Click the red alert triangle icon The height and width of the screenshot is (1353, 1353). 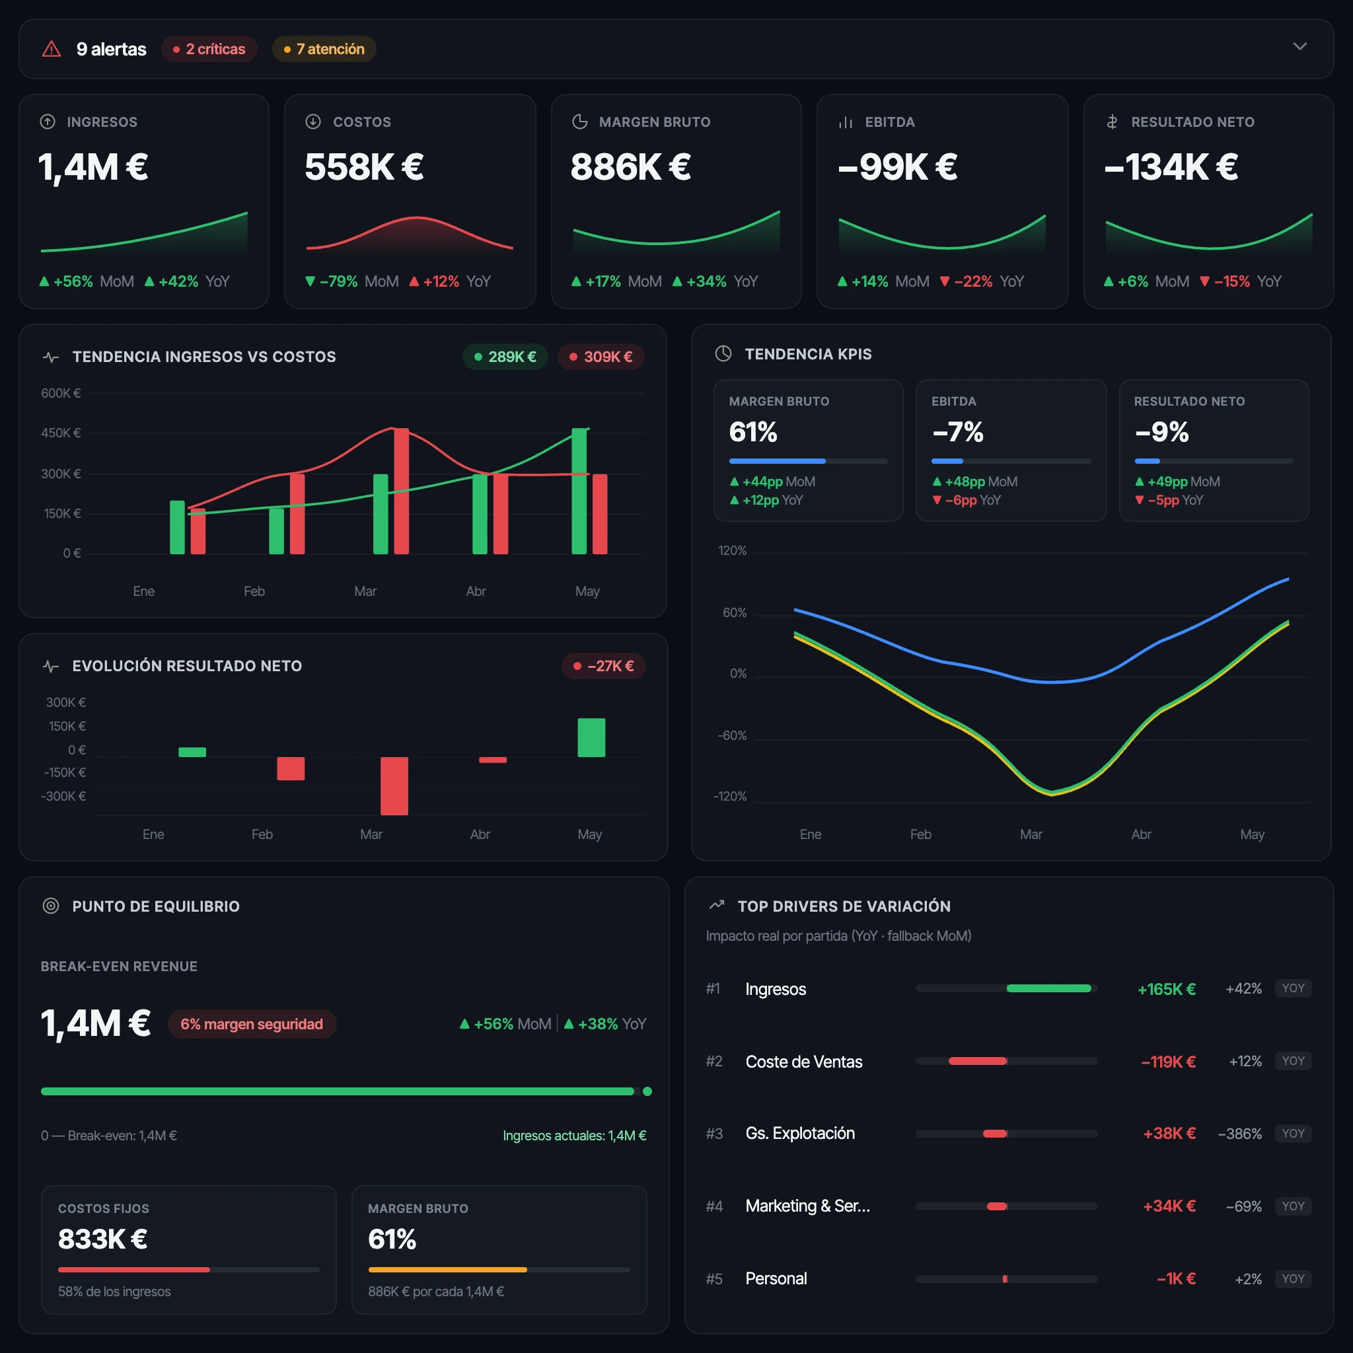52,49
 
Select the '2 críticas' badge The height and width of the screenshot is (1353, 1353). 209,49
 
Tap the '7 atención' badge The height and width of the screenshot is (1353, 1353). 324,49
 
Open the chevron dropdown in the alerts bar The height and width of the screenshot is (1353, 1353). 1299,46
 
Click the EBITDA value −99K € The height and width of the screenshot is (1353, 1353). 897,166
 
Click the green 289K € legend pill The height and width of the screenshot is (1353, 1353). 505,357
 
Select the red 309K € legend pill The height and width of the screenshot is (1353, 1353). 601,357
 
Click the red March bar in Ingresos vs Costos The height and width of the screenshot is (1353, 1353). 401,491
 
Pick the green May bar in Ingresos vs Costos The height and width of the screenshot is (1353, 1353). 579,491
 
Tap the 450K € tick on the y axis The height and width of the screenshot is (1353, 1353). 61,433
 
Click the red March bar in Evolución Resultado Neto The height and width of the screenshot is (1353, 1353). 394,786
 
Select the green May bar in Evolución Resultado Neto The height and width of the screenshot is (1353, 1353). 591,737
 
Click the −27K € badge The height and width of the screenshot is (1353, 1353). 604,666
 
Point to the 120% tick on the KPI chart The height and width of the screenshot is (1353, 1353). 733,550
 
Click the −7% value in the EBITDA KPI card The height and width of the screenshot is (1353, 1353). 957,432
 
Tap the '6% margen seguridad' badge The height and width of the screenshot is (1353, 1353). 252,1024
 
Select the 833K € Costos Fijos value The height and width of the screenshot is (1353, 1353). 103,1239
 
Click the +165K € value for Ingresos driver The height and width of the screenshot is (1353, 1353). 1166,989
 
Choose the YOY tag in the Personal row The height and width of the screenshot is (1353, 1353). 1293,1279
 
